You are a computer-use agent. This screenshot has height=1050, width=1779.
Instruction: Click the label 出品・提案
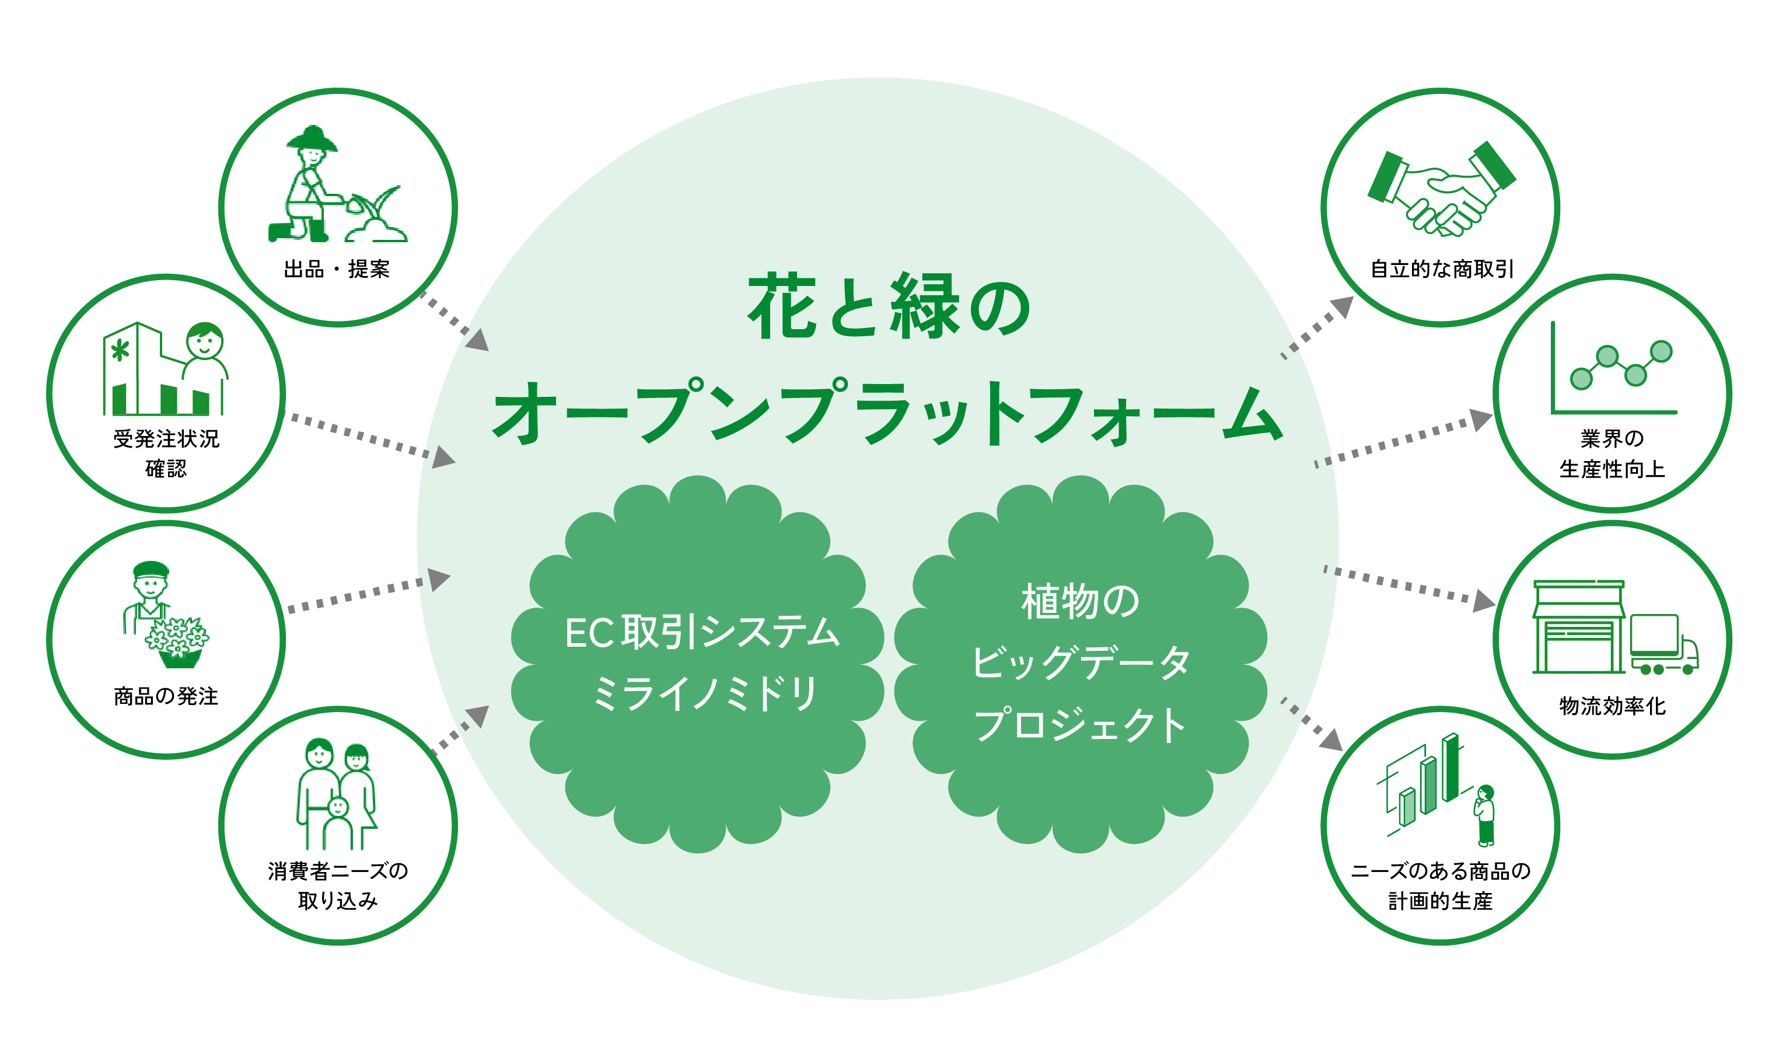[337, 270]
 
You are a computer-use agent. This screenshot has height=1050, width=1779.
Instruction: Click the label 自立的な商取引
[1442, 270]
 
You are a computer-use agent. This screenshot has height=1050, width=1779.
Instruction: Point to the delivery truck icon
[1662, 644]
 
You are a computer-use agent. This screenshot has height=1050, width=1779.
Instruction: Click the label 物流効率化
[1612, 706]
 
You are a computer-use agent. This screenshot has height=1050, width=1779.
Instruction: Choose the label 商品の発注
[166, 697]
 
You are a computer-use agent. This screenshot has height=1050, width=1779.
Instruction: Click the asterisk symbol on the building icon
[120, 350]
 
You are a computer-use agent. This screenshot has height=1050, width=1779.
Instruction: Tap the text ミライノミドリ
[704, 693]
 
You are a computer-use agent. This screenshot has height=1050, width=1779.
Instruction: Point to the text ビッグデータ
[1079, 663]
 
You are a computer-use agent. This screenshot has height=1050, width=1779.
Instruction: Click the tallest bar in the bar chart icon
[1451, 768]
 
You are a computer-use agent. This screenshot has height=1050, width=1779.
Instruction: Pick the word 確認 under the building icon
[166, 469]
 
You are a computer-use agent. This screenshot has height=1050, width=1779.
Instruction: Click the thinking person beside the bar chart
[1486, 814]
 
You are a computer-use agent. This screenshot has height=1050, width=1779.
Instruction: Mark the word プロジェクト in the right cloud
[1079, 725]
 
